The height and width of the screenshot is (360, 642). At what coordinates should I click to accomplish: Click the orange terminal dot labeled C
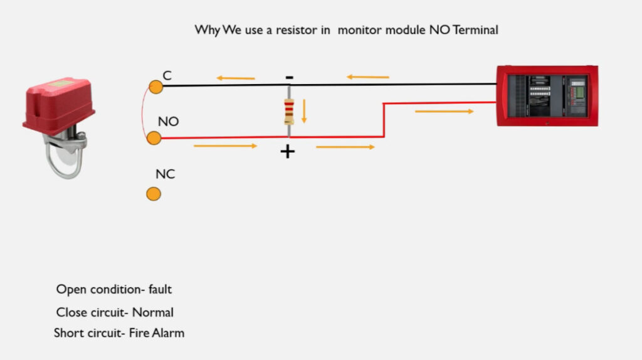click(x=155, y=87)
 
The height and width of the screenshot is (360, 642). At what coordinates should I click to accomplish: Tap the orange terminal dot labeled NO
click(x=154, y=138)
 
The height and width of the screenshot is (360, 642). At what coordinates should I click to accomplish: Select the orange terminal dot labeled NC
click(x=154, y=194)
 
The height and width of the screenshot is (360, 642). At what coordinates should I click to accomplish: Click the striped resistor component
click(x=289, y=112)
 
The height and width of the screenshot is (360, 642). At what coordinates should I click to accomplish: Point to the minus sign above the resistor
click(x=290, y=77)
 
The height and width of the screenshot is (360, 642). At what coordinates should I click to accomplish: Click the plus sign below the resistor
click(x=287, y=152)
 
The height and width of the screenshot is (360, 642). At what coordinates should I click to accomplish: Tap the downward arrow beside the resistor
click(x=304, y=111)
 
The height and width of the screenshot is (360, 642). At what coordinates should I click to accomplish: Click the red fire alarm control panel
click(x=547, y=96)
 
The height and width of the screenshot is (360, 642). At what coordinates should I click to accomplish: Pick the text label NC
click(x=165, y=174)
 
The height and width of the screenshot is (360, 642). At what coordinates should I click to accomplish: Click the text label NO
click(x=168, y=122)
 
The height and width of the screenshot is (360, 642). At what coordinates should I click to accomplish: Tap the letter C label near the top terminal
click(x=167, y=75)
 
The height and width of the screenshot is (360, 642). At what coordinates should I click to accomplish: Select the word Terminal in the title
click(x=475, y=30)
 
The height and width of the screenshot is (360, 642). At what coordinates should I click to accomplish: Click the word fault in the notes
click(x=160, y=289)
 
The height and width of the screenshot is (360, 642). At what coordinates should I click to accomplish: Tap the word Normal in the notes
click(x=153, y=312)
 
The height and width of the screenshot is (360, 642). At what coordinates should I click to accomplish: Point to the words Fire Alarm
click(x=156, y=333)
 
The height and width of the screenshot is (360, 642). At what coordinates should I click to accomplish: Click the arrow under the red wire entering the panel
click(x=445, y=111)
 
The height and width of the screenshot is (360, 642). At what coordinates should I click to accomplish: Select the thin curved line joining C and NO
click(x=143, y=113)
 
